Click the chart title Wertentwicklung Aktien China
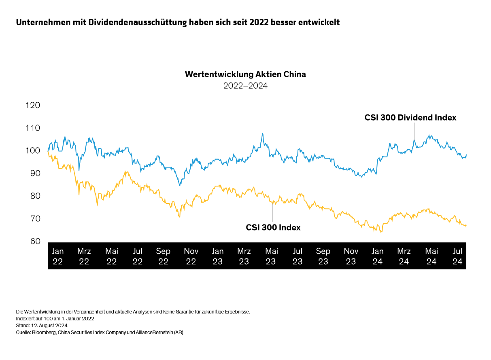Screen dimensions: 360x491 (245, 74)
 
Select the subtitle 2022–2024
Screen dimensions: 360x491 (245, 86)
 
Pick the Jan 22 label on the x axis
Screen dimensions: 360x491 (58, 256)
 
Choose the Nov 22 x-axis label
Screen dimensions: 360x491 (191, 256)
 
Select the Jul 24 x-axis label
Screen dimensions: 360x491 (457, 256)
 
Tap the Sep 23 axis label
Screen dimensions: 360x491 (323, 256)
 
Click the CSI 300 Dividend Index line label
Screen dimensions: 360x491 (410, 118)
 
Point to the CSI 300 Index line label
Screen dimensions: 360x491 (273, 227)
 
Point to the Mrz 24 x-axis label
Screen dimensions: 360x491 (404, 256)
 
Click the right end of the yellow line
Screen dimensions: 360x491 (466, 225)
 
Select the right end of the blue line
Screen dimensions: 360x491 (466, 155)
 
